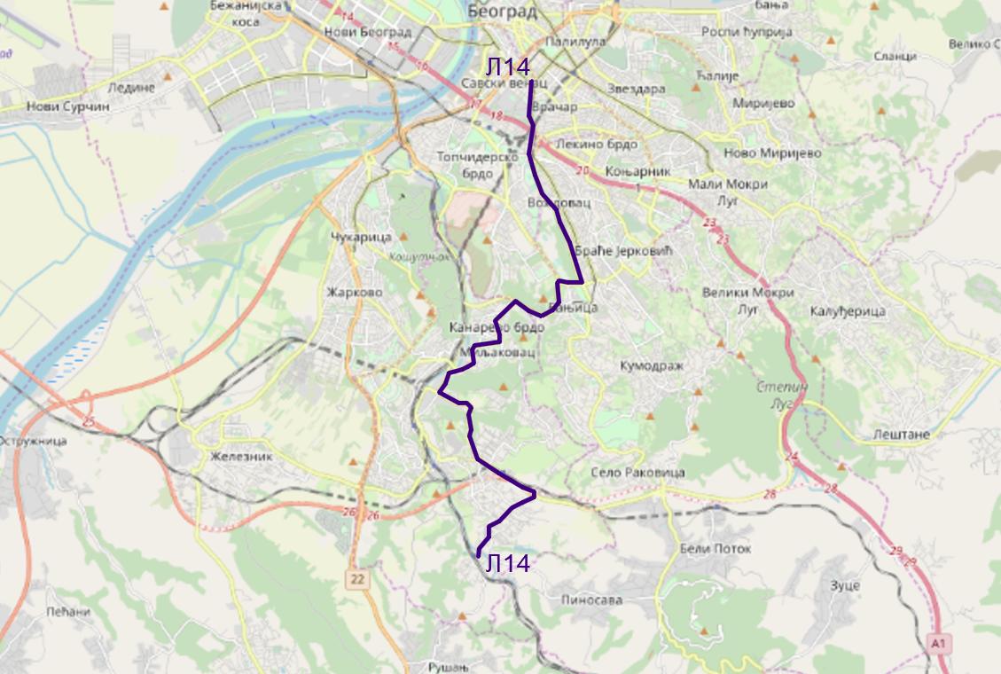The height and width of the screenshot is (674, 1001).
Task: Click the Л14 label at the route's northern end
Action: point(507,67)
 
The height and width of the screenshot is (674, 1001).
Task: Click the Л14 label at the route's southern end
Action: point(508,563)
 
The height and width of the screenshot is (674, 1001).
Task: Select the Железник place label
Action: point(241,457)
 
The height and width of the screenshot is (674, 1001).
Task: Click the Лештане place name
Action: point(892,435)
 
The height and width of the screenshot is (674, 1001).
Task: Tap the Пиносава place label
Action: point(591,600)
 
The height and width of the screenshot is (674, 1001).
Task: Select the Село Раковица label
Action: point(637,473)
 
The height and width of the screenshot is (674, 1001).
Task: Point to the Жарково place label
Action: point(354,293)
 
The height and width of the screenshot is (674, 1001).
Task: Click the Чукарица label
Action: point(361,238)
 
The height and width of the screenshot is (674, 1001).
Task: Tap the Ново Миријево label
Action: point(760,153)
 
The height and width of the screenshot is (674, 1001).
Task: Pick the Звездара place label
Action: point(636,90)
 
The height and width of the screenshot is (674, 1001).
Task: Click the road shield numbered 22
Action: point(356,579)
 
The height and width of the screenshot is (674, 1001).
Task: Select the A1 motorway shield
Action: point(939,641)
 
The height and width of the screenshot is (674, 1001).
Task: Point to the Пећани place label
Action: point(69,612)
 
